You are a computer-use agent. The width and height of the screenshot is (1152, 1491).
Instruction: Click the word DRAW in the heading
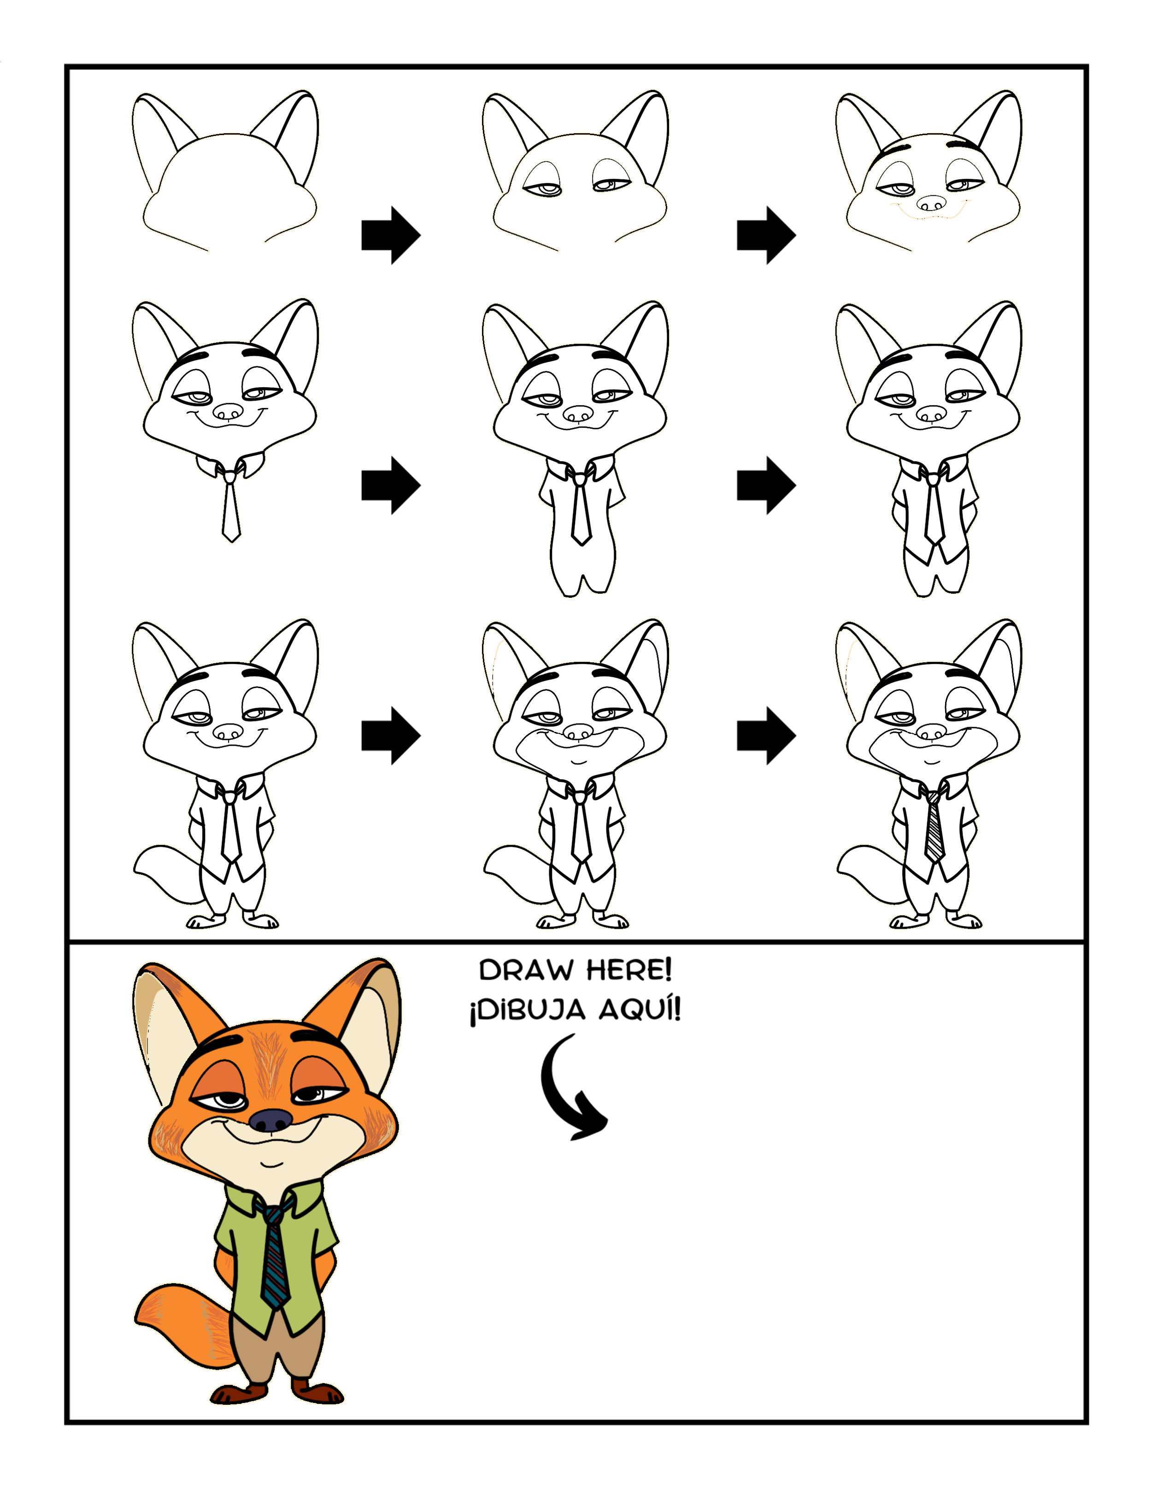coord(525,970)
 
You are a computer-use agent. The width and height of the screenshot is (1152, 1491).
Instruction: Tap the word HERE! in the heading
coord(629,969)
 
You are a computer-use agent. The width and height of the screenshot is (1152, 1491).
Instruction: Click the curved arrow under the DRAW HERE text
coord(553,1092)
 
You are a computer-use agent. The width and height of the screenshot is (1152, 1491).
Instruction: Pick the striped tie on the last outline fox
coord(934,827)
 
